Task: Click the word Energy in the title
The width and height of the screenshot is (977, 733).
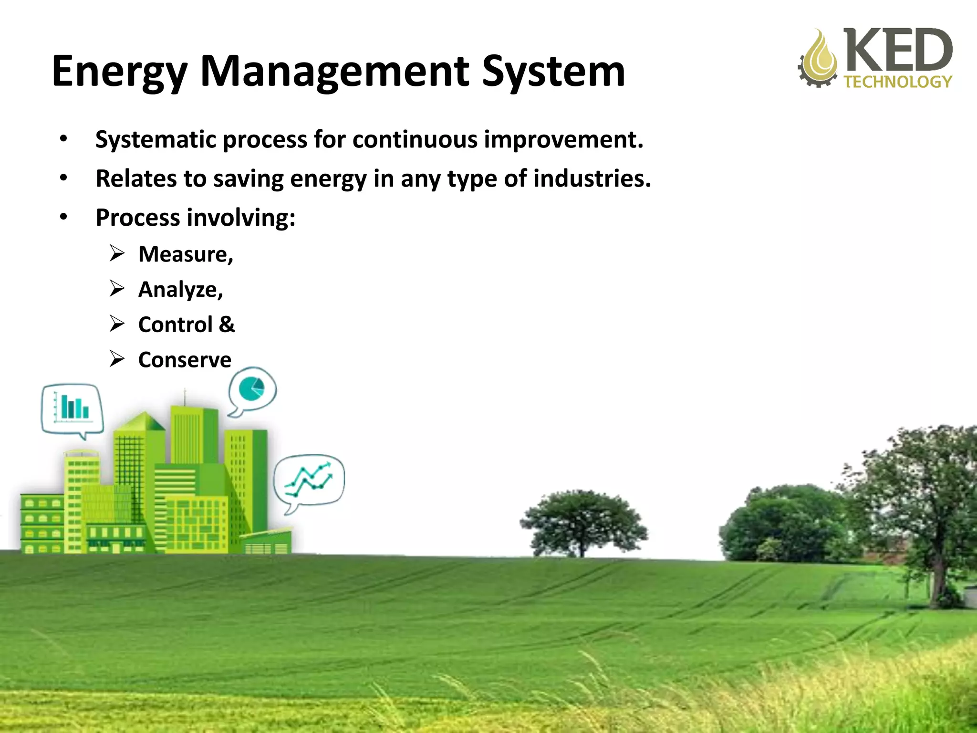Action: coord(119,72)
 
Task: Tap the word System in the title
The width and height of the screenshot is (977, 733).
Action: coord(553,72)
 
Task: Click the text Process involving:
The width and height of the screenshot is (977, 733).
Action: coord(196,218)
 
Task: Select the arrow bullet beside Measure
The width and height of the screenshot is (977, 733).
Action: coord(117,253)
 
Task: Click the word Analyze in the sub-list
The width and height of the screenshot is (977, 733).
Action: coord(178,290)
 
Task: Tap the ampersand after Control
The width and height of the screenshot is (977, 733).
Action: coord(227,325)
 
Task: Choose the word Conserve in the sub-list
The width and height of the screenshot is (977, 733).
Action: coord(185,360)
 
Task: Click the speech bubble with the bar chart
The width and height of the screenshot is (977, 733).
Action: coord(72,408)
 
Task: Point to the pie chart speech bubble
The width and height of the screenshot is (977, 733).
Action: coord(252,389)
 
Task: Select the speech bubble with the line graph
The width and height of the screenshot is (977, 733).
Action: coord(309,480)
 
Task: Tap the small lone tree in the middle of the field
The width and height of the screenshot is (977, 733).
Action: coord(583,523)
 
